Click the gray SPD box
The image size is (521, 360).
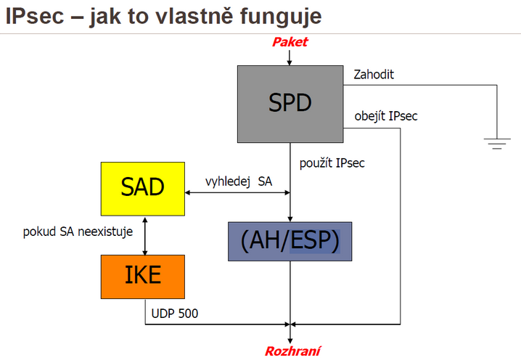pos(290,104)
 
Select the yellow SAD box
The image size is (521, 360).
pos(143,189)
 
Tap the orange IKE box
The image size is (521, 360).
pos(143,277)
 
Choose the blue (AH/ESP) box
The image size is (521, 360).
pos(290,241)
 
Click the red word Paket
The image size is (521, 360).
pos(290,42)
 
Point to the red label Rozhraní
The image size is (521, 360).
pos(292,351)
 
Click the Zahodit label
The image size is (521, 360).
pos(374,75)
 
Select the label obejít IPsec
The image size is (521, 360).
pos(386,116)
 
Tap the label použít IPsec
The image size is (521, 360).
pos(332,163)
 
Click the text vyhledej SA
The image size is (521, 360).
pos(239,181)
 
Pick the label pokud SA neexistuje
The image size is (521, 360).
pos(78,232)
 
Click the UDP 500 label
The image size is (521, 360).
pos(174,314)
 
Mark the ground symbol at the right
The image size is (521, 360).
pos(497,144)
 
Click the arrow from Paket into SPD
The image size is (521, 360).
pos(290,58)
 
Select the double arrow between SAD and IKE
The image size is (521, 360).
pos(145,236)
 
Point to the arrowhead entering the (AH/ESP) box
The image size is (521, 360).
pos(290,219)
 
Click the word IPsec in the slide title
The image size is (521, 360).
pos(35,16)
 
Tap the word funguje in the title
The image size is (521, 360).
pos(281,17)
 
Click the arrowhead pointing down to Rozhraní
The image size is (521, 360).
pos(290,340)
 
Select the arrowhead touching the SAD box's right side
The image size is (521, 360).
pos(188,192)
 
